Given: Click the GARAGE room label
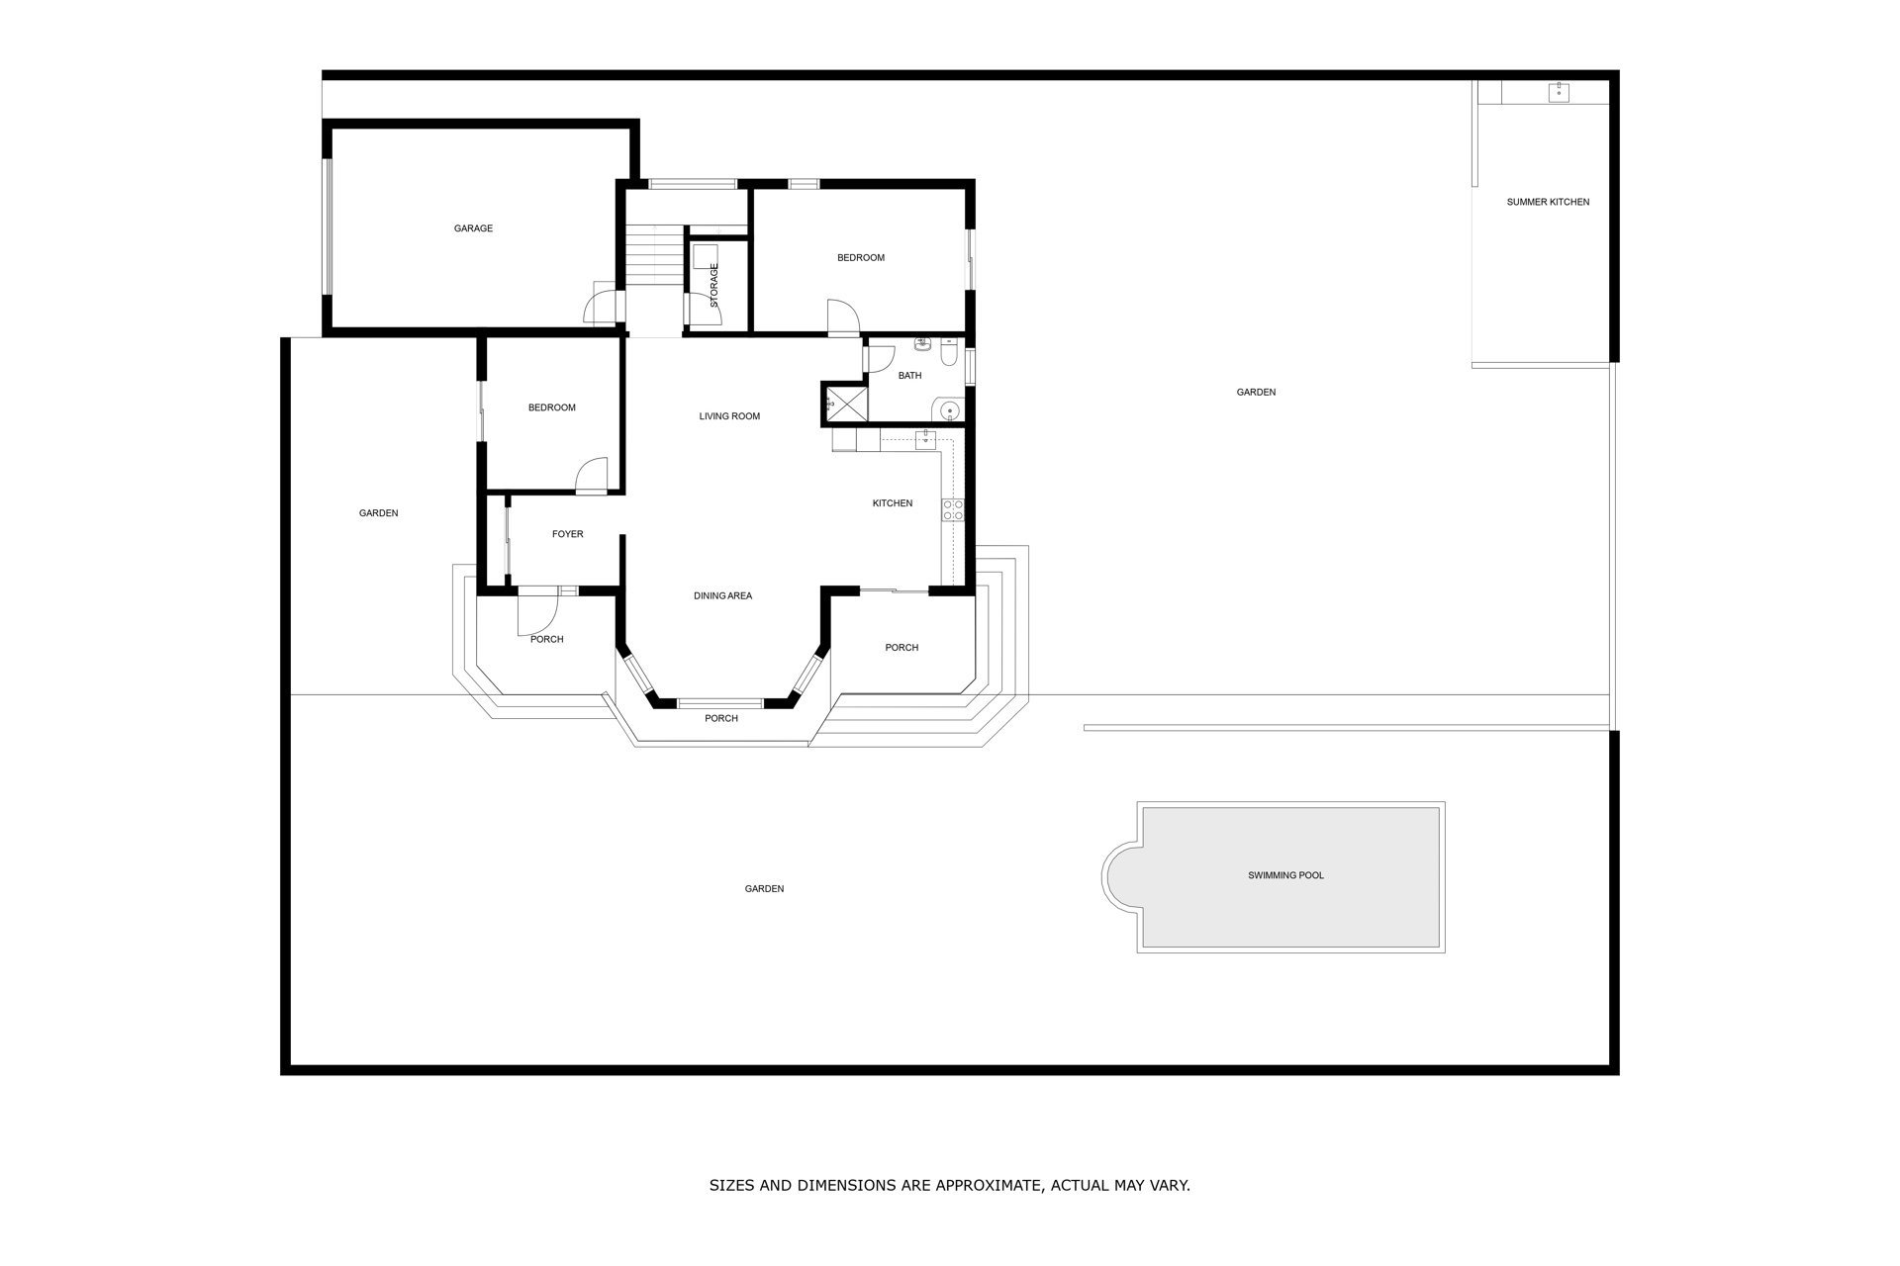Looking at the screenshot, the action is [473, 228].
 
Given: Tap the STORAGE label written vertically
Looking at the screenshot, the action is [714, 285].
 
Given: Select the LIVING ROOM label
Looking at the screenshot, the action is [729, 416].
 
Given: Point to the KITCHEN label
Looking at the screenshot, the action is [892, 503].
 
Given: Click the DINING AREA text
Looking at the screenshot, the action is [722, 595].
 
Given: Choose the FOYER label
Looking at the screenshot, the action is [567, 534].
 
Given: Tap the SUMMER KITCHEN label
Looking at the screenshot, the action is [1548, 202].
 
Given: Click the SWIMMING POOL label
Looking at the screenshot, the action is [1285, 875].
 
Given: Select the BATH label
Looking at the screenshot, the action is [909, 376].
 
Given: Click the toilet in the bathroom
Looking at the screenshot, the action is [949, 351].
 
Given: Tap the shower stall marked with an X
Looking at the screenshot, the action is [845, 403].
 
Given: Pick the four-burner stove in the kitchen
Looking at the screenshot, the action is [952, 510].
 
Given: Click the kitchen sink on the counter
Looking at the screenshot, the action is [926, 440].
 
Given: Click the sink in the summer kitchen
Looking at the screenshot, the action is [1559, 93].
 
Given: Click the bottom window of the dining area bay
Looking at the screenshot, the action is [720, 703].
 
